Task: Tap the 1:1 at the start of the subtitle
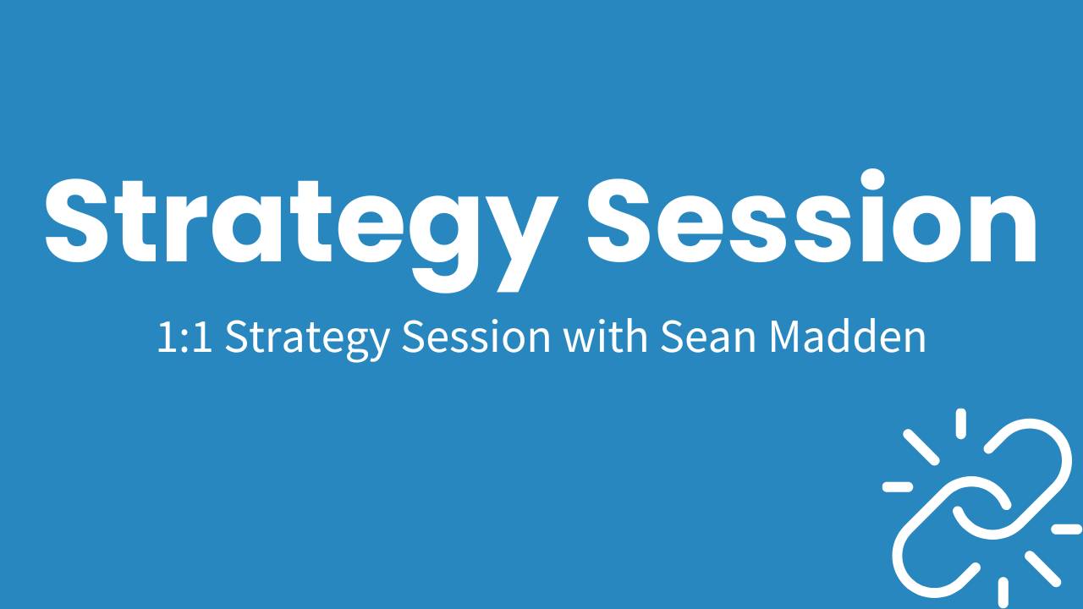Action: tap(184, 337)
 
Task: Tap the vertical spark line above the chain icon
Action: tap(960, 422)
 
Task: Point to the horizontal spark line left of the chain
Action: tap(897, 486)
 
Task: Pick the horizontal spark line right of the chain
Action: tap(1066, 529)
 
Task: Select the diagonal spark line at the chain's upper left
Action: tap(921, 446)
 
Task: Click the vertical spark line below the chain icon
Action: tap(1003, 591)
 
